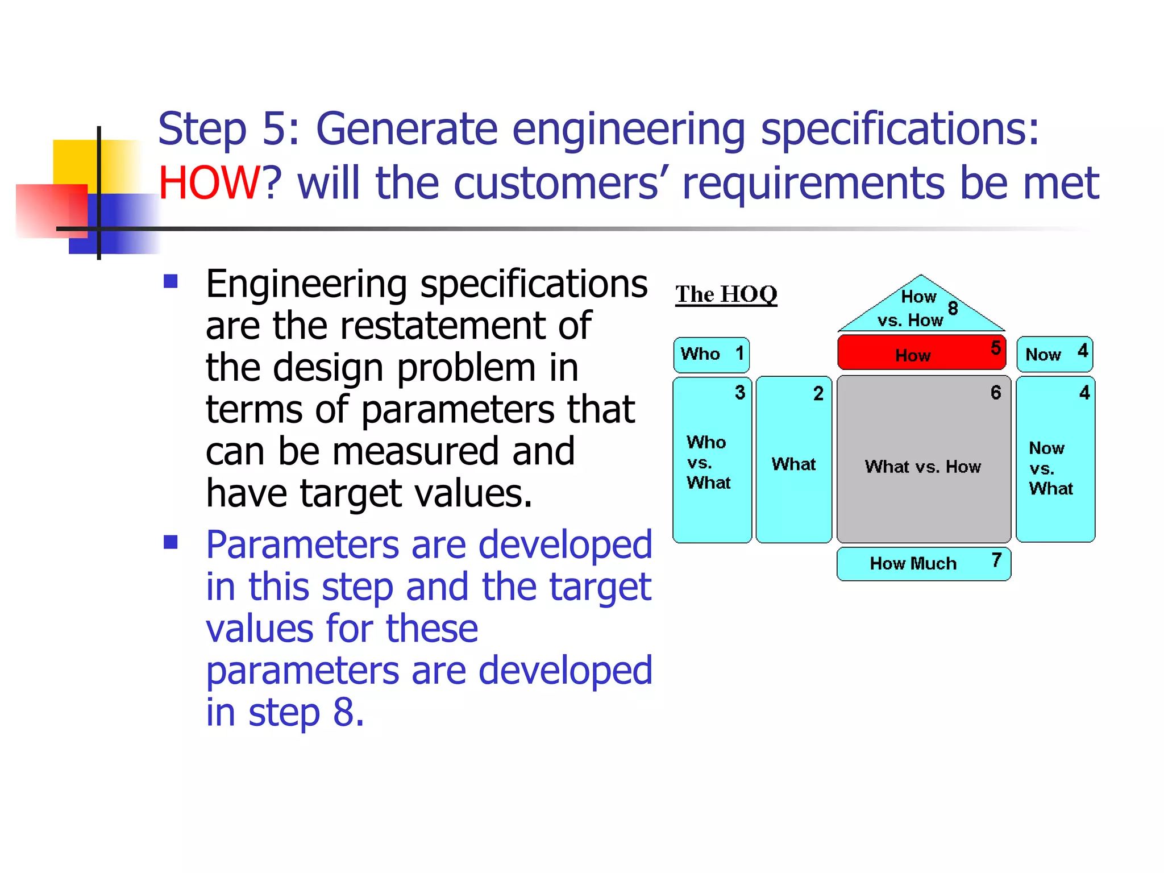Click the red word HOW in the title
click(x=208, y=183)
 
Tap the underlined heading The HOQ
click(x=726, y=294)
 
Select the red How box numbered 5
click(x=921, y=353)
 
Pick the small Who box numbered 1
click(x=711, y=355)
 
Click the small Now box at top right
click(x=1054, y=355)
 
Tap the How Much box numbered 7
click(x=923, y=564)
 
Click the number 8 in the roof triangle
click(x=953, y=308)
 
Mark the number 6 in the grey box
click(x=996, y=392)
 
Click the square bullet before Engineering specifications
click(x=171, y=281)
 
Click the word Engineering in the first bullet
click(x=306, y=284)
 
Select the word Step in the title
click(x=202, y=129)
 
